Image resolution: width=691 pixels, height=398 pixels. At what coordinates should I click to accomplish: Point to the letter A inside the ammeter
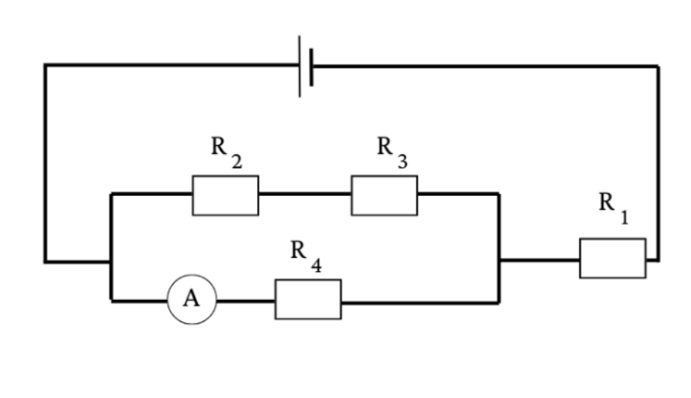tap(191, 298)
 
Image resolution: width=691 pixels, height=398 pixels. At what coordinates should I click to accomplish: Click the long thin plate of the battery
tap(300, 66)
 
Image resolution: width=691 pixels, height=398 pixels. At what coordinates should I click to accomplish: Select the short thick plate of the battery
tap(311, 67)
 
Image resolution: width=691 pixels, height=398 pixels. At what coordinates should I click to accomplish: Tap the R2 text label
tap(227, 152)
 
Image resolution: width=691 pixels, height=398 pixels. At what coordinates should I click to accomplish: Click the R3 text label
tap(392, 152)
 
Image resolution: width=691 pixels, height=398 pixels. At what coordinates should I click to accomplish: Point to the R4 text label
tap(306, 256)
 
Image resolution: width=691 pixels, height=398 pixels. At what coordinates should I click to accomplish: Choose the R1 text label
tap(613, 208)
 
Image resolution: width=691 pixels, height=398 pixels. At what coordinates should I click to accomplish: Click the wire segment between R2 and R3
tap(305, 194)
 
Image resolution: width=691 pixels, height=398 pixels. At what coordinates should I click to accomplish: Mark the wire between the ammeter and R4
tap(245, 302)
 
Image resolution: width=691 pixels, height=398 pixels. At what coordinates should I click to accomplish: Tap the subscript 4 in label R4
tap(317, 266)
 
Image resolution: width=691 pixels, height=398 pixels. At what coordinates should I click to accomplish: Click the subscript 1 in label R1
tap(624, 218)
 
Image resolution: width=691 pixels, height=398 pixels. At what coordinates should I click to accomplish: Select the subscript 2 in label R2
tap(237, 162)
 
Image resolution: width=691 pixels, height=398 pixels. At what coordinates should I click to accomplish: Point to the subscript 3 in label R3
tap(402, 162)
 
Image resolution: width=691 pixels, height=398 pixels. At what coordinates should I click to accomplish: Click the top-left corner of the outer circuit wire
tap(45, 65)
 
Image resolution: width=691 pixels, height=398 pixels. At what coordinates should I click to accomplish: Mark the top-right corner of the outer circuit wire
tap(658, 67)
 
